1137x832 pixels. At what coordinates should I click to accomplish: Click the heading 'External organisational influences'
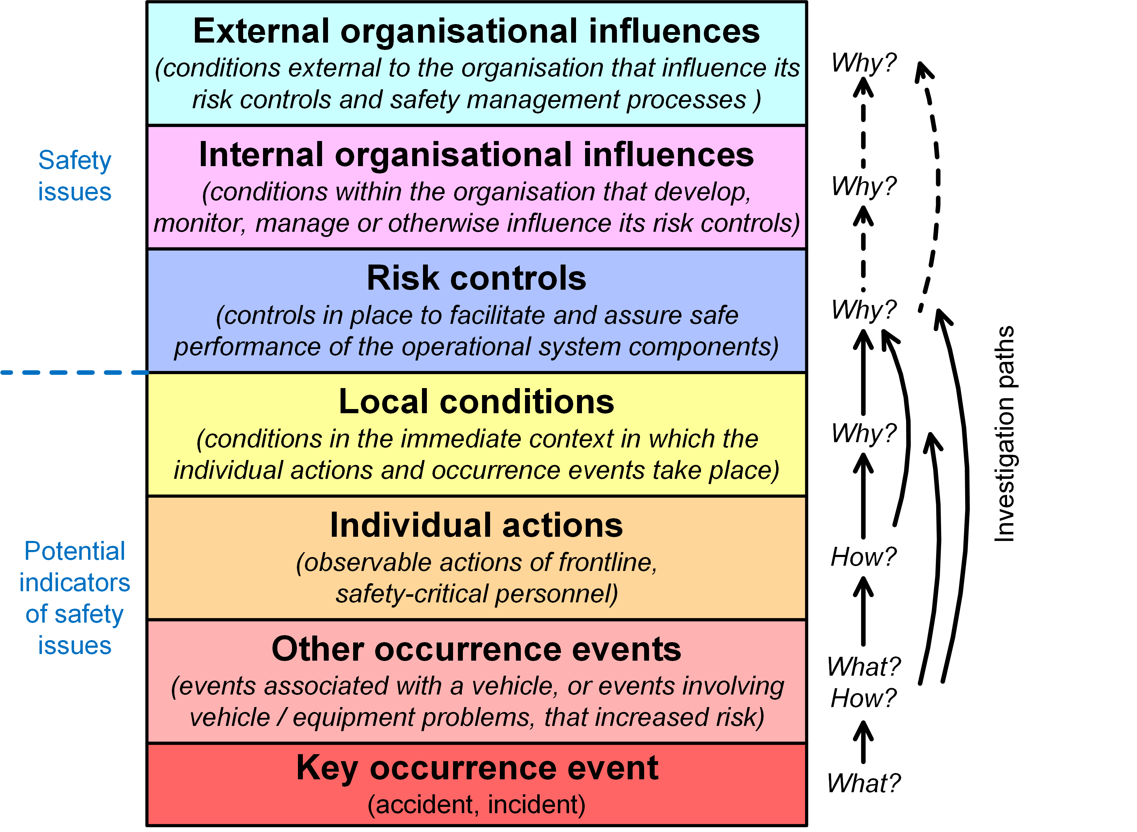pyautogui.click(x=476, y=31)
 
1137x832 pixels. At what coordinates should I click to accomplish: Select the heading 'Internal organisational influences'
pyautogui.click(x=476, y=155)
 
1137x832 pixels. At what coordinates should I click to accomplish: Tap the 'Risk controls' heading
pyautogui.click(x=476, y=278)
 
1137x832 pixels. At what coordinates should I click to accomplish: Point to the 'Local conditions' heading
pyautogui.click(x=476, y=402)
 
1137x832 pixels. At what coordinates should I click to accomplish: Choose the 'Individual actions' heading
pyautogui.click(x=476, y=525)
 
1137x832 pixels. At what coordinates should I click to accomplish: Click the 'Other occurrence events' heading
pyautogui.click(x=476, y=649)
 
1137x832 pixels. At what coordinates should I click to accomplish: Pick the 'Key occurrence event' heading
pyautogui.click(x=476, y=768)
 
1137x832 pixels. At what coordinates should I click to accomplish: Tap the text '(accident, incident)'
pyautogui.click(x=476, y=804)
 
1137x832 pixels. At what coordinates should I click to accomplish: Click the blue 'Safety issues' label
pyautogui.click(x=75, y=176)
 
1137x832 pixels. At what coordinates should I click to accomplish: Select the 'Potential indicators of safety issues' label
pyautogui.click(x=75, y=598)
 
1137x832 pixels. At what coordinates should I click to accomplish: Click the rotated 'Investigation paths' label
pyautogui.click(x=1004, y=434)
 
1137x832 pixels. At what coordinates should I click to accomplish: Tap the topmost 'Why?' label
pyautogui.click(x=864, y=63)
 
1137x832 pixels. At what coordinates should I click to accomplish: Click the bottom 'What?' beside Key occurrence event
pyautogui.click(x=864, y=783)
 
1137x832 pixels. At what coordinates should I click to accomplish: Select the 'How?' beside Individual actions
pyautogui.click(x=864, y=557)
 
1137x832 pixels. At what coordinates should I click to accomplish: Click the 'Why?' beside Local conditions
pyautogui.click(x=864, y=433)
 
